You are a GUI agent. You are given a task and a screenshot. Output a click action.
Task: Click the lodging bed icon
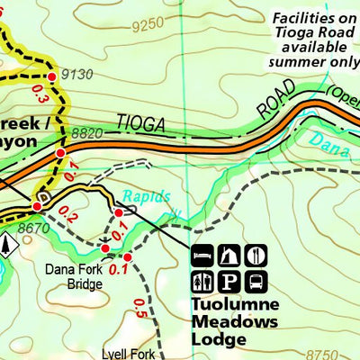click(203, 255)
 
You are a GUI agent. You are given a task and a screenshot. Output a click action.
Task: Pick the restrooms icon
click(203, 280)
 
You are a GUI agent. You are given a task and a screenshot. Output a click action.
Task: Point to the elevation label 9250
click(148, 27)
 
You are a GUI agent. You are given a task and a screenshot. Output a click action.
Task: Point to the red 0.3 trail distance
click(37, 93)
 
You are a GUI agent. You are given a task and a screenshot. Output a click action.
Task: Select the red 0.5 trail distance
click(139, 308)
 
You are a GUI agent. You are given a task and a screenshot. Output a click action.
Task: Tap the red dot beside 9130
click(51, 77)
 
